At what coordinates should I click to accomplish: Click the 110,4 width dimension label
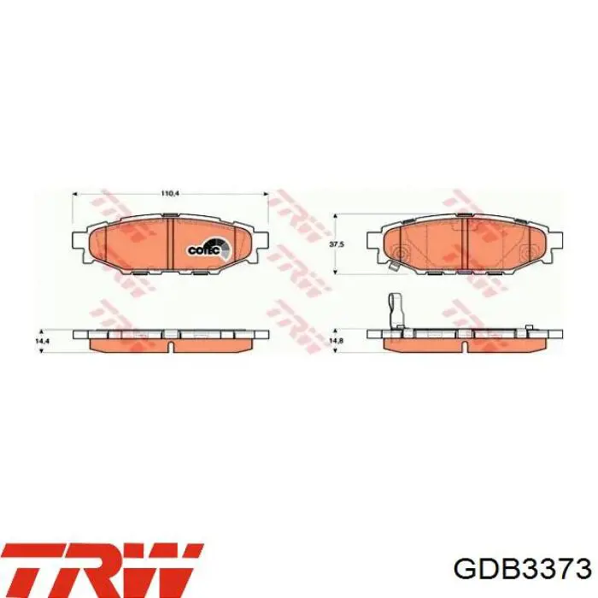170,194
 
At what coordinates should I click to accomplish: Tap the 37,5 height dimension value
337,244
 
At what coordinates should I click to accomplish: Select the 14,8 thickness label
336,341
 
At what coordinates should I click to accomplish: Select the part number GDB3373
523,580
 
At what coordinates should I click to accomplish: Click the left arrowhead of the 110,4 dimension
75,194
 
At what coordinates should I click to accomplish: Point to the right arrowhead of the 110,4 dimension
266,194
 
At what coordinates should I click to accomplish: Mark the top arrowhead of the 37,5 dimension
335,217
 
